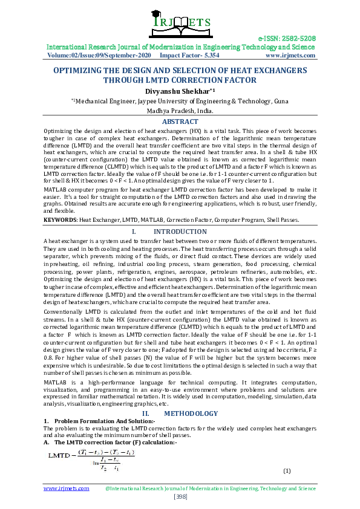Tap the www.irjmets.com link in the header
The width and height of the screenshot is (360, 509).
[290, 55]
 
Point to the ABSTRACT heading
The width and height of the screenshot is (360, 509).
[180, 122]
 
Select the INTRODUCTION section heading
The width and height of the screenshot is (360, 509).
[180, 232]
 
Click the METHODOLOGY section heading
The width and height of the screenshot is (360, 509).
[191, 413]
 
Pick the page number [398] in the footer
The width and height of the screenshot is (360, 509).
[180, 496]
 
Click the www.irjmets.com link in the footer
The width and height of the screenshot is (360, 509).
[67, 488]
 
